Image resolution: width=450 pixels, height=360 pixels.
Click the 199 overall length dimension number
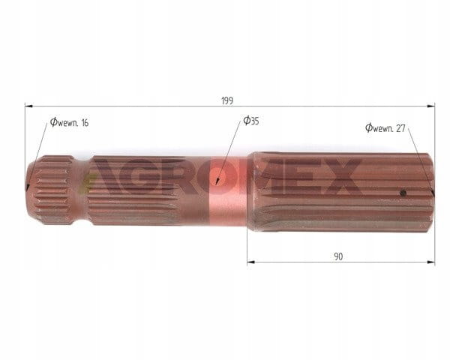coord(227,100)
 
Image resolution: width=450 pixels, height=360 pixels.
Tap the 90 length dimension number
coord(338,256)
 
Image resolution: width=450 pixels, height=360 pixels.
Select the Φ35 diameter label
coord(251,121)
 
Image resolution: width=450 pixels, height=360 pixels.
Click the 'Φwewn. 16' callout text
coord(70,122)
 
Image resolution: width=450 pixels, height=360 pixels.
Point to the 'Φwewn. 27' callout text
coord(385,128)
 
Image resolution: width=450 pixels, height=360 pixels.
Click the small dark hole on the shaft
coord(403,193)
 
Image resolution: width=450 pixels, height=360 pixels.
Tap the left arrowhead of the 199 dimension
coord(28,106)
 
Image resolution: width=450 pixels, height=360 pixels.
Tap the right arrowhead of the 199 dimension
coord(431,106)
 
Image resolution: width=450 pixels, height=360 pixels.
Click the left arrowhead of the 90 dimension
coord(250,262)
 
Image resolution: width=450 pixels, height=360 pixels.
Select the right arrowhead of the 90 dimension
coord(431,262)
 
